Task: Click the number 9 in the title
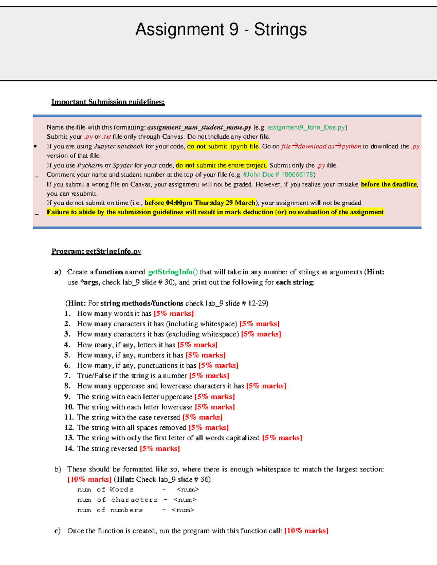click(x=234, y=29)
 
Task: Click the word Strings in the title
click(x=280, y=29)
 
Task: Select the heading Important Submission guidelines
click(x=108, y=102)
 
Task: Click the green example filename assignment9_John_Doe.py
click(x=306, y=127)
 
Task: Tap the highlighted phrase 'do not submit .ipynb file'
click(x=223, y=146)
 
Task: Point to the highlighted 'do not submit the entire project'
click(x=221, y=165)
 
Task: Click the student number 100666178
click(x=297, y=175)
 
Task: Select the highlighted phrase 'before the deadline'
click(x=389, y=184)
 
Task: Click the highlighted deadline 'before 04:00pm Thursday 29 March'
click(x=200, y=203)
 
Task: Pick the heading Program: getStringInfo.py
click(x=96, y=251)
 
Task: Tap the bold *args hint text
click(x=90, y=282)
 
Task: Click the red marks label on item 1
click(x=173, y=314)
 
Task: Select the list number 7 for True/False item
click(x=67, y=376)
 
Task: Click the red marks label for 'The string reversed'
click(x=160, y=449)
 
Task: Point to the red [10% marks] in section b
click(x=89, y=480)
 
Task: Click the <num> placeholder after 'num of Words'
click(x=188, y=490)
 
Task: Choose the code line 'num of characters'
click(x=117, y=500)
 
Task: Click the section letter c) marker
click(x=57, y=531)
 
